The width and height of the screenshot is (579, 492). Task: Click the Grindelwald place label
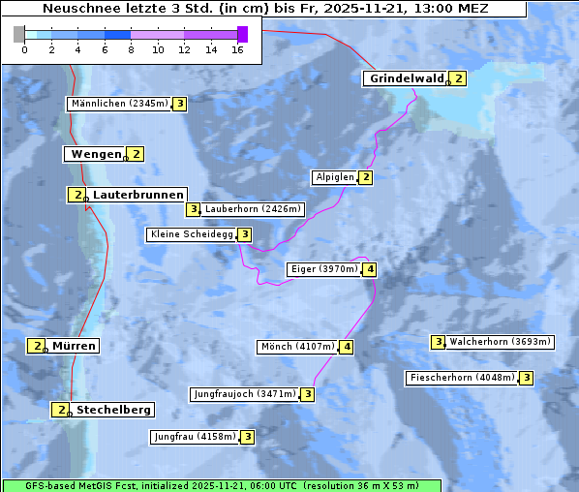point(407,78)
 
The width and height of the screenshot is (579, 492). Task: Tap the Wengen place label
point(96,154)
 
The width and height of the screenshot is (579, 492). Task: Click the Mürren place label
point(74,346)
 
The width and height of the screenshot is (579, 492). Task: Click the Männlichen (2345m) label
point(120,104)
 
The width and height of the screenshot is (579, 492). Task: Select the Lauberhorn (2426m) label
point(254,208)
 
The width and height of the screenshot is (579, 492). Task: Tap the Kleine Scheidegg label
point(192,234)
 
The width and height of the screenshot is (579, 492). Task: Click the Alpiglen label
point(335,177)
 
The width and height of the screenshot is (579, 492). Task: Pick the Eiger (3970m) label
point(323,269)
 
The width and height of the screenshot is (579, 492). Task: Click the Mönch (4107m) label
point(297,347)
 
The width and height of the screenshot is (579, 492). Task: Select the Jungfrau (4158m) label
point(195,437)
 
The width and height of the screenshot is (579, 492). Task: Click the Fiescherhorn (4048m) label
point(462,378)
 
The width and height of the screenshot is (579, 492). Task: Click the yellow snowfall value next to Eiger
point(370,269)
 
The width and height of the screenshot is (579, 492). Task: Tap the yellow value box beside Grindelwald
point(458,78)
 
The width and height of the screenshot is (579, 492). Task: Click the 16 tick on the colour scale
point(237,48)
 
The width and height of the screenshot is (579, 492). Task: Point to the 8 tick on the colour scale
point(131,48)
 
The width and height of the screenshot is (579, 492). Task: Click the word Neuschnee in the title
point(78,9)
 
